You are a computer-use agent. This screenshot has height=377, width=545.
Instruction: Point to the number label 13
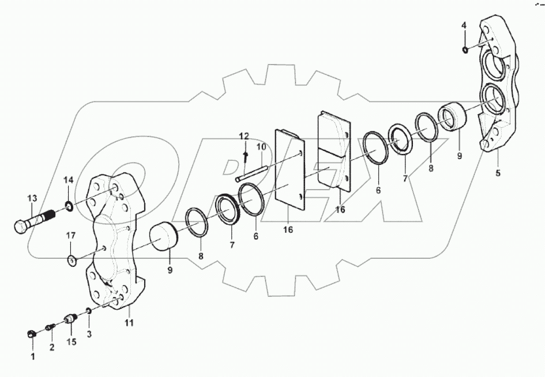(31, 198)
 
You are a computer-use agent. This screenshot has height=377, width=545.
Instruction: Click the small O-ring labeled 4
(464, 50)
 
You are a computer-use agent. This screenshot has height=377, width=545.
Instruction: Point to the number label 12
(245, 137)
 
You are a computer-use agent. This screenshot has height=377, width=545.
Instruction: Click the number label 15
(71, 342)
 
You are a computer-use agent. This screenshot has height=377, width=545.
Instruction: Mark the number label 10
(261, 147)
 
